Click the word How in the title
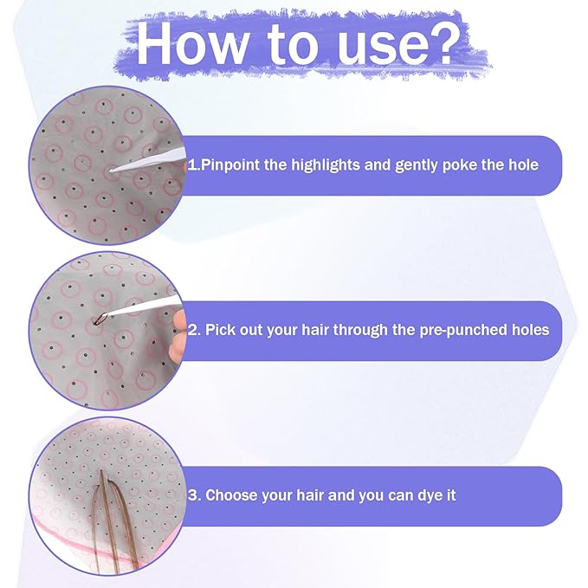point(191,44)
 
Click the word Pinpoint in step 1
point(230,165)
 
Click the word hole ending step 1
point(524,165)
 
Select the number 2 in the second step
point(192,330)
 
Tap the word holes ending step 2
point(531,330)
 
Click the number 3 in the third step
point(192,495)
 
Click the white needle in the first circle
point(148,160)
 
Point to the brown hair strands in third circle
point(113,521)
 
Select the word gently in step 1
point(417,165)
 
